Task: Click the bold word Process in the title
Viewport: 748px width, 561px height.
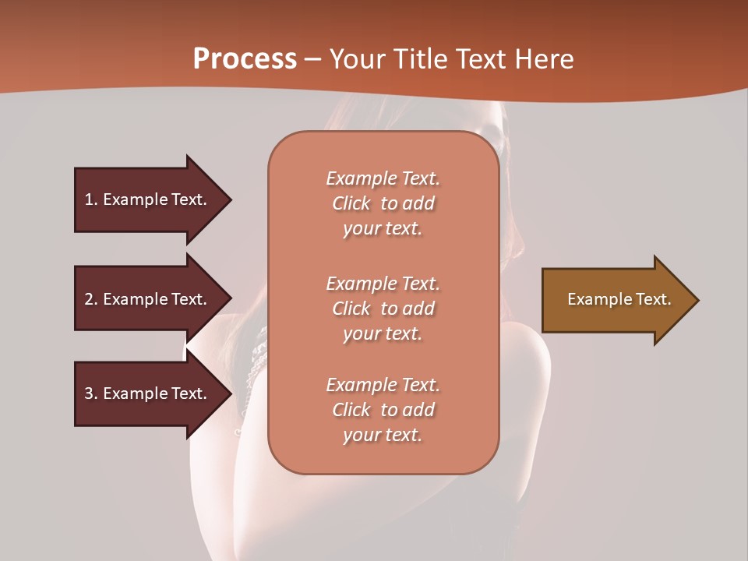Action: coord(245,59)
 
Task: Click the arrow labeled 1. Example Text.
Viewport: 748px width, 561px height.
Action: coord(148,199)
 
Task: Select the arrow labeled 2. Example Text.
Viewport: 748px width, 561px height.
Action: coord(148,299)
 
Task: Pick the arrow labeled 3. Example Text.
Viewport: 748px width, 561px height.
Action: coord(148,393)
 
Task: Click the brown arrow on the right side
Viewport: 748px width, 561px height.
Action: coord(616,300)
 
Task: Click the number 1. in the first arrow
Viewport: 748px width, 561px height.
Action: coord(91,199)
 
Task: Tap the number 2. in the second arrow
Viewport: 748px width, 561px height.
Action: coord(91,299)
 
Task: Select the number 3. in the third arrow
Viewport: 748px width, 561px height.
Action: coord(91,393)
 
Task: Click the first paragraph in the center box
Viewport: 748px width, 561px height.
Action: coord(383,203)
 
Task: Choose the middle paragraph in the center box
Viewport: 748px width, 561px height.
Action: coord(383,309)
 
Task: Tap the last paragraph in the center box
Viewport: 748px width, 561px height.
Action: coord(383,410)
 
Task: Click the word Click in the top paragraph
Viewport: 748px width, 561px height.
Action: coord(351,203)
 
